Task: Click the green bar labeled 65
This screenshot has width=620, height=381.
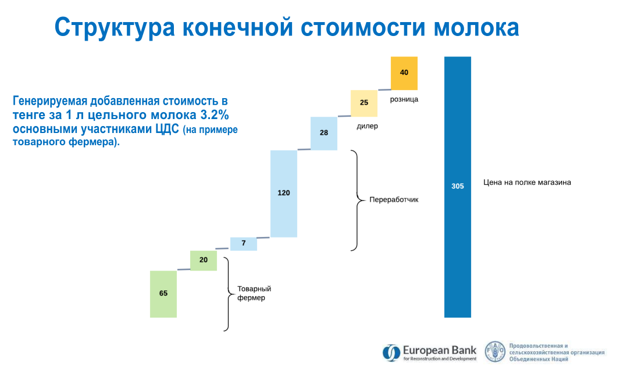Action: (x=163, y=294)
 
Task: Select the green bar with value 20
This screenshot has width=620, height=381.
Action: (x=203, y=260)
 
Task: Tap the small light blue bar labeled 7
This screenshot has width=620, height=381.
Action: (x=244, y=243)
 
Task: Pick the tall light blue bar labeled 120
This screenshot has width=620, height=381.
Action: (x=283, y=193)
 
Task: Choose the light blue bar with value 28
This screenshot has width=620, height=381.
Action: (x=324, y=133)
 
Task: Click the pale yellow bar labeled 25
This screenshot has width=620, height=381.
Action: (x=364, y=103)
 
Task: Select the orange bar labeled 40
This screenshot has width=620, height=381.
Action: (x=404, y=73)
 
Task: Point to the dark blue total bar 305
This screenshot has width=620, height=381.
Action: (x=458, y=187)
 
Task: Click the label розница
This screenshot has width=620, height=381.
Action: (x=404, y=99)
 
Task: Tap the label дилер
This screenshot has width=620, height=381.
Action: (x=368, y=127)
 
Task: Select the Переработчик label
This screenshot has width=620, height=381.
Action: (x=394, y=200)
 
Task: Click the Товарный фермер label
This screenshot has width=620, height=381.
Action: (x=254, y=293)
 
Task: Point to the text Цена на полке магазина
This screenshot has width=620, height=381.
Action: (x=527, y=182)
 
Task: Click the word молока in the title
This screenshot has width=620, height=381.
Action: (x=476, y=28)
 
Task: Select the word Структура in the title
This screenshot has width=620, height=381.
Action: (x=115, y=28)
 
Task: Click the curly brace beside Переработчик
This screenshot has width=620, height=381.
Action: (x=358, y=200)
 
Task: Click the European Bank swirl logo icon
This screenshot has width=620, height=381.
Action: (x=391, y=353)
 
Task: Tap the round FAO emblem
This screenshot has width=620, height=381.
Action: (x=495, y=351)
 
